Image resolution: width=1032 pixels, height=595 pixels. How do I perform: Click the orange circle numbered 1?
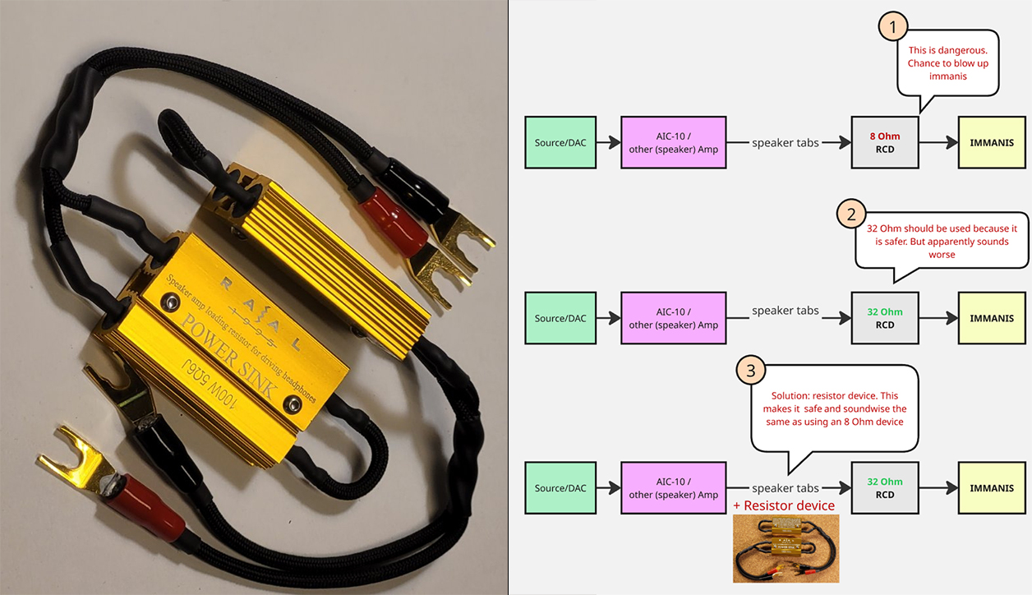[893, 27]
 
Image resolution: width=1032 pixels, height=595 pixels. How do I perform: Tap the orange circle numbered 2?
[851, 215]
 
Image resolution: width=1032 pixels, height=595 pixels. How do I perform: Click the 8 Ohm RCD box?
[885, 142]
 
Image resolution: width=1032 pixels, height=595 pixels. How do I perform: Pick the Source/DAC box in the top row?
[560, 142]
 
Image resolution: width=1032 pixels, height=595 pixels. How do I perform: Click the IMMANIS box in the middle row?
[991, 318]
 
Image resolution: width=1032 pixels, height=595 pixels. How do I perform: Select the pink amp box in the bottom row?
[674, 488]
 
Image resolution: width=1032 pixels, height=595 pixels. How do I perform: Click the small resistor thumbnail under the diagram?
[786, 549]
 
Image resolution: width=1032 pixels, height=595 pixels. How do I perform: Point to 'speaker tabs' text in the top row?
[786, 142]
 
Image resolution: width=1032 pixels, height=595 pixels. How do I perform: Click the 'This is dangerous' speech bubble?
[947, 62]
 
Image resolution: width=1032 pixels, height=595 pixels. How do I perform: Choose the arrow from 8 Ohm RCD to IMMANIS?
[938, 142]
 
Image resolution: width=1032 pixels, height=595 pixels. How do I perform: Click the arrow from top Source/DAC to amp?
[609, 142]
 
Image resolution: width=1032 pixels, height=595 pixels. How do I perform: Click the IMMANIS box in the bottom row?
[991, 488]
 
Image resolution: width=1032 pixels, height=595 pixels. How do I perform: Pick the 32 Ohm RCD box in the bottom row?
[885, 488]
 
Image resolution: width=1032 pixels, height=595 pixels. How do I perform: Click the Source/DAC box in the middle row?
[560, 318]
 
